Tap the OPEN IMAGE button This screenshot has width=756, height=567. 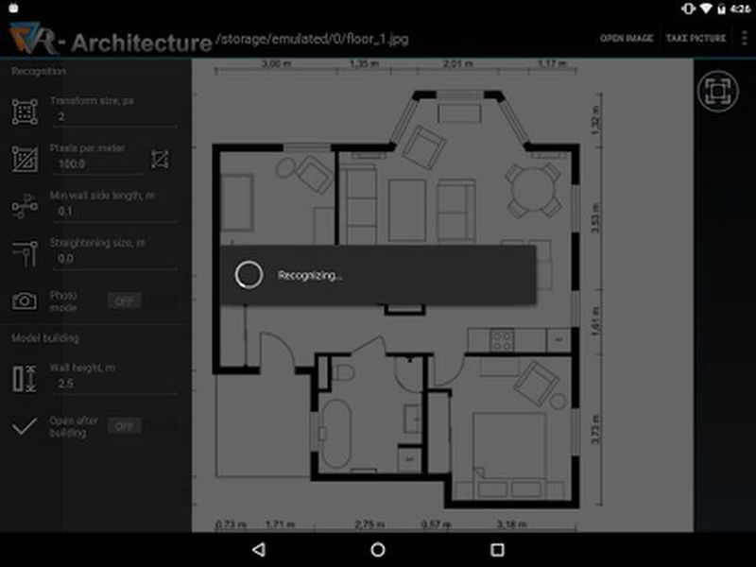coord(627,38)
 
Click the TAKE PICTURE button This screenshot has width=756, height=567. coord(696,38)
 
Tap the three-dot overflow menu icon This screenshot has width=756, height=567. coord(744,38)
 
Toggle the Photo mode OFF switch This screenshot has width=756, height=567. coord(123,301)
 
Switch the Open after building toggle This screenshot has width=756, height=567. coord(123,426)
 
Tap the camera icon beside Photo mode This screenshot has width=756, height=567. coord(25,301)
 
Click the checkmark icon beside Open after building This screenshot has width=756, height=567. coord(25,426)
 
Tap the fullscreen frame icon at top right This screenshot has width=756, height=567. coord(715,91)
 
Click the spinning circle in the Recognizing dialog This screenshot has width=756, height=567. coord(249,275)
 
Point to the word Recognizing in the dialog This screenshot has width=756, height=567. coord(309,276)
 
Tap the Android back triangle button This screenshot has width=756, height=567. coord(258,549)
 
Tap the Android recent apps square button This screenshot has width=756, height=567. coord(497,549)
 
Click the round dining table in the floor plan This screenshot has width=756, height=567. coord(532,189)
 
